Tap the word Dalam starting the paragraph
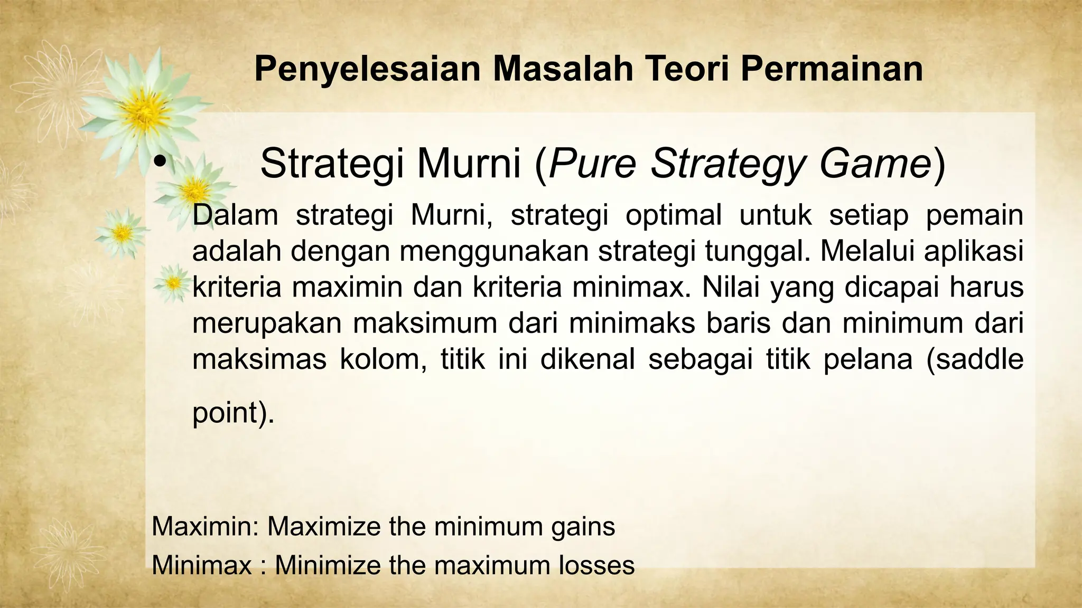(x=235, y=215)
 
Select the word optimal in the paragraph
(x=674, y=215)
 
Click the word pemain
(x=974, y=215)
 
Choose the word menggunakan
(x=494, y=252)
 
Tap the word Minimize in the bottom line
(x=328, y=565)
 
